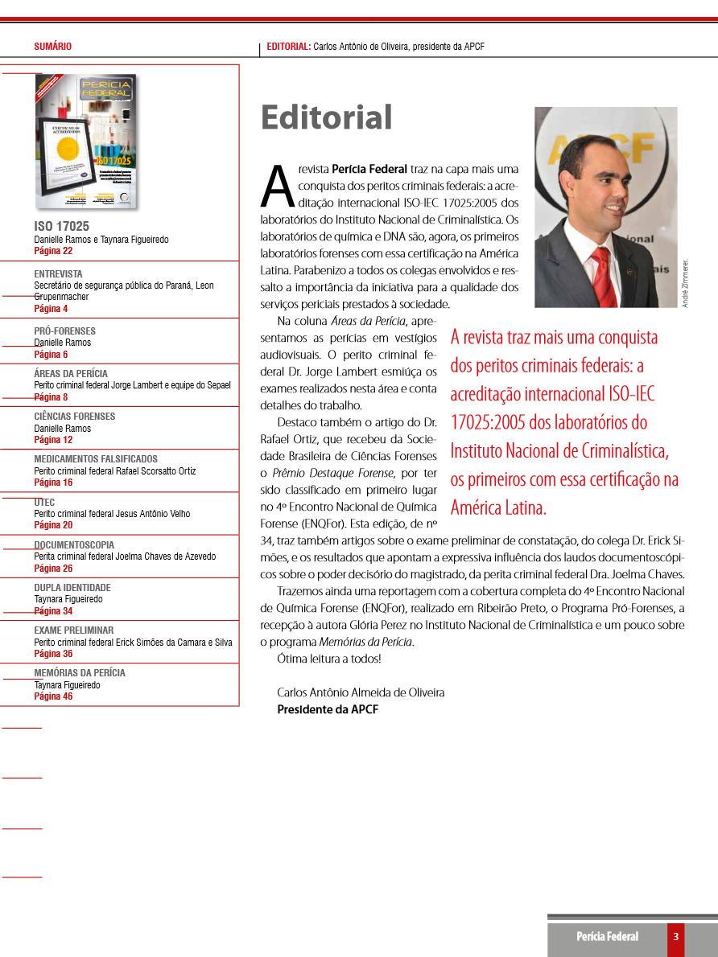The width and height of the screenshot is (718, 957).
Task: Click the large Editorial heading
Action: click(x=326, y=117)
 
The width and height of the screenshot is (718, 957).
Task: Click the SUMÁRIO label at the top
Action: click(x=52, y=47)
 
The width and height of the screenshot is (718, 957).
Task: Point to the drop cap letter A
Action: click(x=275, y=186)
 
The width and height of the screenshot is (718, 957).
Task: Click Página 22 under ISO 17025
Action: click(x=53, y=251)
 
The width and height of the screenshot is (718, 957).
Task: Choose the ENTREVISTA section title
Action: click(x=58, y=274)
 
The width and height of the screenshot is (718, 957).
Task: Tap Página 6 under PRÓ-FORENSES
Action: click(x=51, y=354)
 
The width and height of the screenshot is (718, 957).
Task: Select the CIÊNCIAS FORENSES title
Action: click(x=74, y=417)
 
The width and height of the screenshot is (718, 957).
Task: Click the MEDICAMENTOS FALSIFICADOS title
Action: click(x=96, y=459)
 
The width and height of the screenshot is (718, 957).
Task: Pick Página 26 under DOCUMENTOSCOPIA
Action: click(x=53, y=568)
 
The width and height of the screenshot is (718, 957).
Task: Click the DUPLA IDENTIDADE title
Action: click(x=72, y=588)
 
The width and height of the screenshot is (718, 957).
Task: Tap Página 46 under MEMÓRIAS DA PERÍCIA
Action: click(x=53, y=696)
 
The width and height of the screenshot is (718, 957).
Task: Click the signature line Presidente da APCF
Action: click(x=328, y=709)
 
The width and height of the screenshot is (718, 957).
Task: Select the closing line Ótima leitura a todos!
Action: click(x=328, y=659)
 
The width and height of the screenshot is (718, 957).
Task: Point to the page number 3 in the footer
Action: click(x=676, y=936)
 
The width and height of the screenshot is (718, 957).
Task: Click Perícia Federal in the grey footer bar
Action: click(x=607, y=936)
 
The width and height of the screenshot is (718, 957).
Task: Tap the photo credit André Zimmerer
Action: click(x=686, y=283)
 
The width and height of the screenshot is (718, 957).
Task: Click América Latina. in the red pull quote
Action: click(x=498, y=508)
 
